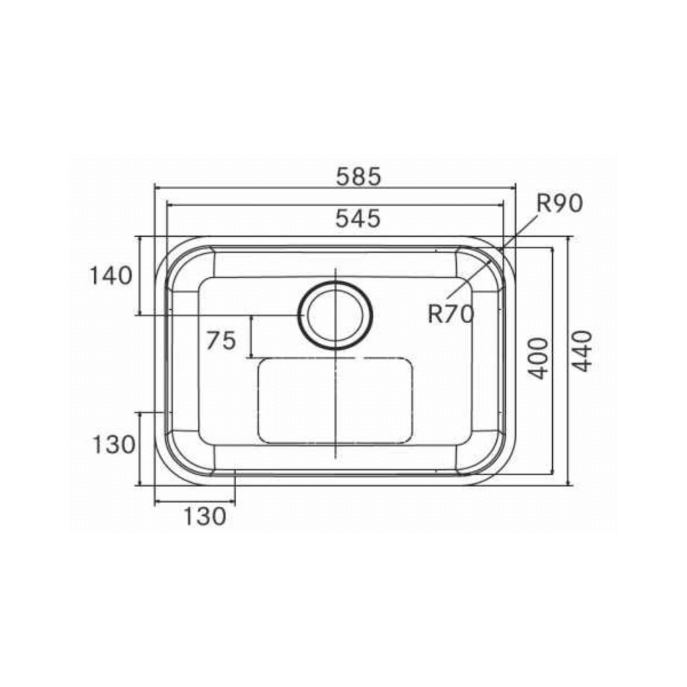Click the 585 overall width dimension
tap(359, 176)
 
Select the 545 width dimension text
tap(358, 219)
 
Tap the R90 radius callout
tap(559, 204)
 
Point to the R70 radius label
tap(450, 314)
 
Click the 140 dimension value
tap(111, 276)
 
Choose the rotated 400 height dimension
tap(539, 358)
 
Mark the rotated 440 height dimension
tap(583, 351)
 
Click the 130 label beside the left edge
tap(114, 445)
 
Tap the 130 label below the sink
tap(205, 517)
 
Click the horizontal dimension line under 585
tap(335, 188)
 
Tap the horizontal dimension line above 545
tap(335, 205)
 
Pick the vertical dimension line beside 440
tap(569, 360)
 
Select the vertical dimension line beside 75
tap(253, 337)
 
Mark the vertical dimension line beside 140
tap(139, 276)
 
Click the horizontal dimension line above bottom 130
tap(195, 503)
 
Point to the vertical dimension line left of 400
tap(552, 360)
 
